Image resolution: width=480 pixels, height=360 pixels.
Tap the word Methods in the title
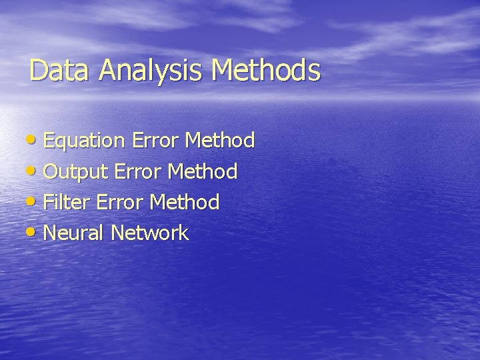[x=266, y=70]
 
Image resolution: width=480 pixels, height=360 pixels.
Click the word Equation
[x=85, y=141]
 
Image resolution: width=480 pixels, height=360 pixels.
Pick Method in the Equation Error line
[x=220, y=140]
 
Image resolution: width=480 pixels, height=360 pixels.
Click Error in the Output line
[x=139, y=172]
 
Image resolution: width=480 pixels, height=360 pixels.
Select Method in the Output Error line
[x=203, y=171]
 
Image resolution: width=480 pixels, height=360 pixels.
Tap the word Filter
[x=67, y=202]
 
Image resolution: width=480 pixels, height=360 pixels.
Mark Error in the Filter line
[x=121, y=202]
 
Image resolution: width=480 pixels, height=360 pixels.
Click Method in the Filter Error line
[x=185, y=201]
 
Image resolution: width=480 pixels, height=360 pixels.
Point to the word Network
[x=150, y=233]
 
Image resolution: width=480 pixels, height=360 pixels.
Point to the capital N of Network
[x=118, y=233]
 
